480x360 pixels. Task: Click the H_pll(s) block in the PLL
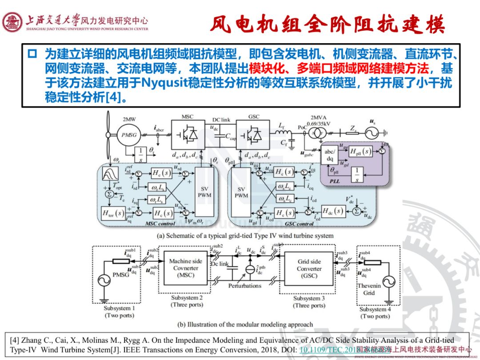point(360,152)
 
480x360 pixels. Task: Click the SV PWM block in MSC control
point(205,192)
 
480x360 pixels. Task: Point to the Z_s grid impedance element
point(352,132)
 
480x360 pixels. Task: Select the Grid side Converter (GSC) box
point(309,268)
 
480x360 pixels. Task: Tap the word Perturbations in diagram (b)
point(244,286)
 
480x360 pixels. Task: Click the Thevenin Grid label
point(368,289)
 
